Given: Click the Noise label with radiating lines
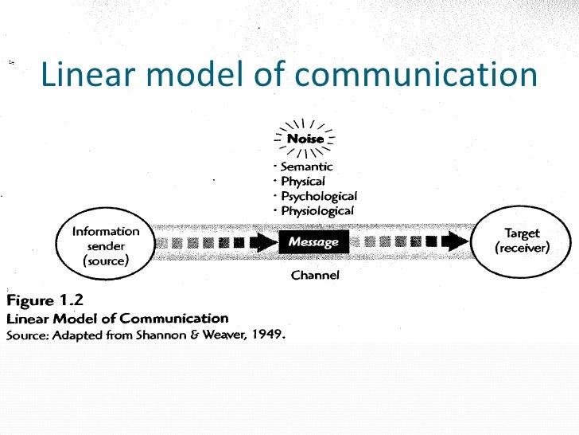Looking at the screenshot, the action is pos(305,139).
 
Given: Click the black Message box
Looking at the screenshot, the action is pos(313,241).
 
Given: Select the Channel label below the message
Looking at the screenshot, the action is pos(315,276).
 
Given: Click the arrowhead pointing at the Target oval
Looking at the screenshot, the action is pos(457,241).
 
